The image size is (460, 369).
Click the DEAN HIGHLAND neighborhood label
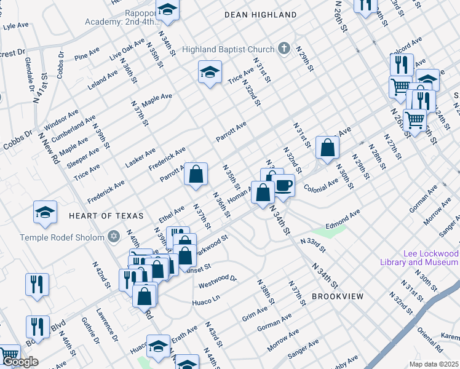click(x=260, y=14)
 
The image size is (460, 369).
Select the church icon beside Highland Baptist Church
click(x=284, y=47)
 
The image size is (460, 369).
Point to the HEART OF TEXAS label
click(x=106, y=216)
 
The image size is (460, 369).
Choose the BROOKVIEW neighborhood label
click(x=337, y=296)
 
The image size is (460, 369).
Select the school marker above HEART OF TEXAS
click(x=45, y=212)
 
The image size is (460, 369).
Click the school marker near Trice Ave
click(x=210, y=73)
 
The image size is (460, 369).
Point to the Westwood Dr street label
click(x=218, y=282)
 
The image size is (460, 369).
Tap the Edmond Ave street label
click(x=343, y=220)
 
